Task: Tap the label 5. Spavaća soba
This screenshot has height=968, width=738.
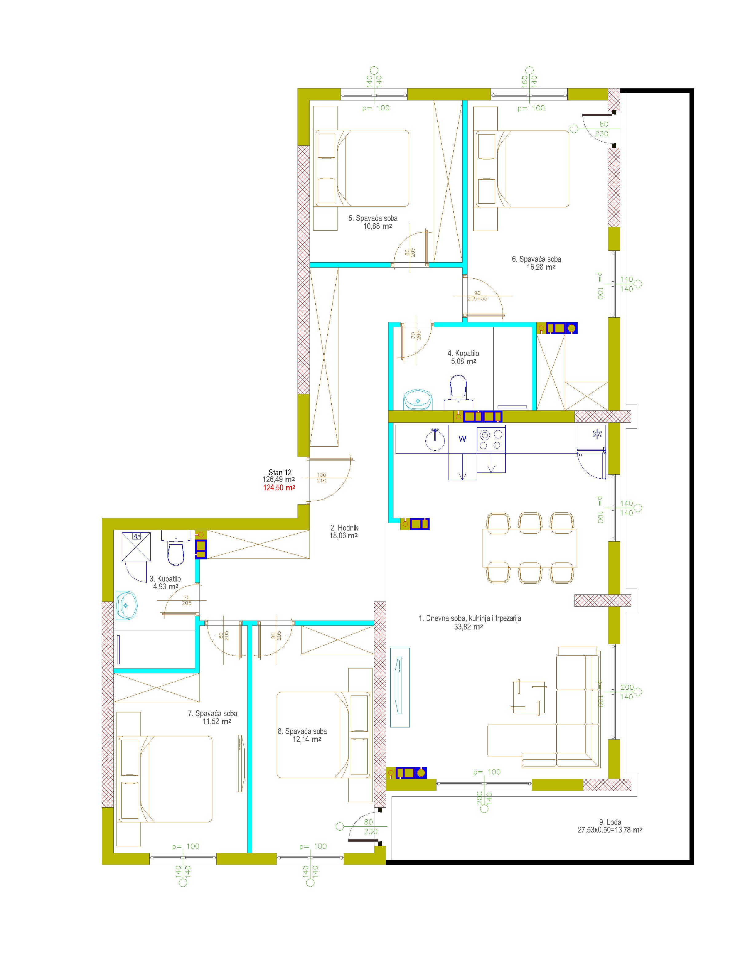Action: pyautogui.click(x=373, y=218)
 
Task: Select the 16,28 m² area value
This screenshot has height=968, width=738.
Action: pyautogui.click(x=541, y=267)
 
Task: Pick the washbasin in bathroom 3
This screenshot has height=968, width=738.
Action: pyautogui.click(x=127, y=605)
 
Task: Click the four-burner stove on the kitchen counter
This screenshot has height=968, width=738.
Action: pyautogui.click(x=491, y=439)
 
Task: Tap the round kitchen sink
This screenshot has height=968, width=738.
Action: pyautogui.click(x=435, y=439)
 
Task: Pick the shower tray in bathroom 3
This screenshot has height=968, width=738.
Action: pyautogui.click(x=136, y=547)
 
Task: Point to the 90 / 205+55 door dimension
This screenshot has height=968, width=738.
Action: pyautogui.click(x=477, y=296)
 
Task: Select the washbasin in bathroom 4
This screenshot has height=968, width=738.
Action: pyautogui.click(x=417, y=399)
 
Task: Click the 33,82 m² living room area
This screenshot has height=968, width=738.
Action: pyautogui.click(x=469, y=627)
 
